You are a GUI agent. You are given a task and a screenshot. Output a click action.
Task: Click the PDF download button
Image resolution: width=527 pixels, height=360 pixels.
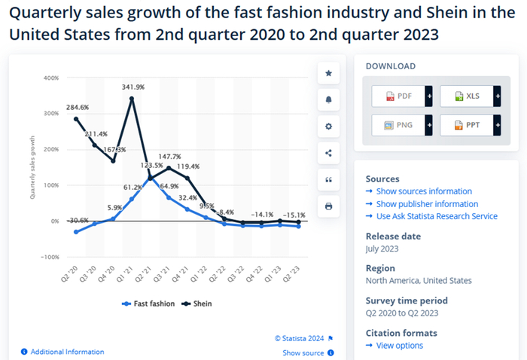point(398,96)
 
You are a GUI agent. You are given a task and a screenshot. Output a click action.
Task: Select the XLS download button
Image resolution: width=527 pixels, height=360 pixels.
point(466,96)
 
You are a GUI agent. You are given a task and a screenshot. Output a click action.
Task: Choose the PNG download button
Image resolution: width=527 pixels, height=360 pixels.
point(398,125)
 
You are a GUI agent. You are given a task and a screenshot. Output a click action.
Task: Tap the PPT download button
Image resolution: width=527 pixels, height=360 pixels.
point(466,125)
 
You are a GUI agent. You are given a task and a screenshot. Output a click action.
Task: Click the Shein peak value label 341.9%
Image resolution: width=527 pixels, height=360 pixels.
point(133,87)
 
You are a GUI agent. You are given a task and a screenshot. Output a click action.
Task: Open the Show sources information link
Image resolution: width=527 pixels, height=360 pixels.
point(423,191)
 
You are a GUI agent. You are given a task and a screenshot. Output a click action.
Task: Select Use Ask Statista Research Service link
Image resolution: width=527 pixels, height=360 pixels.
point(436,216)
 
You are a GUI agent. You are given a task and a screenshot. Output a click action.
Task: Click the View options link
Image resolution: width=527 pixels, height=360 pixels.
point(399,346)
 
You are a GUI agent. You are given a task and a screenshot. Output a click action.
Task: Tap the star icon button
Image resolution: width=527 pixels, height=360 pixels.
point(328,73)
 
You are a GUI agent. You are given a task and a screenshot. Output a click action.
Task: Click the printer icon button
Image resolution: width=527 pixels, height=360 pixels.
point(328,206)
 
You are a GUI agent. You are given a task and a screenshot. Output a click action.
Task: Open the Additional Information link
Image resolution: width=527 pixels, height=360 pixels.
point(67,352)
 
